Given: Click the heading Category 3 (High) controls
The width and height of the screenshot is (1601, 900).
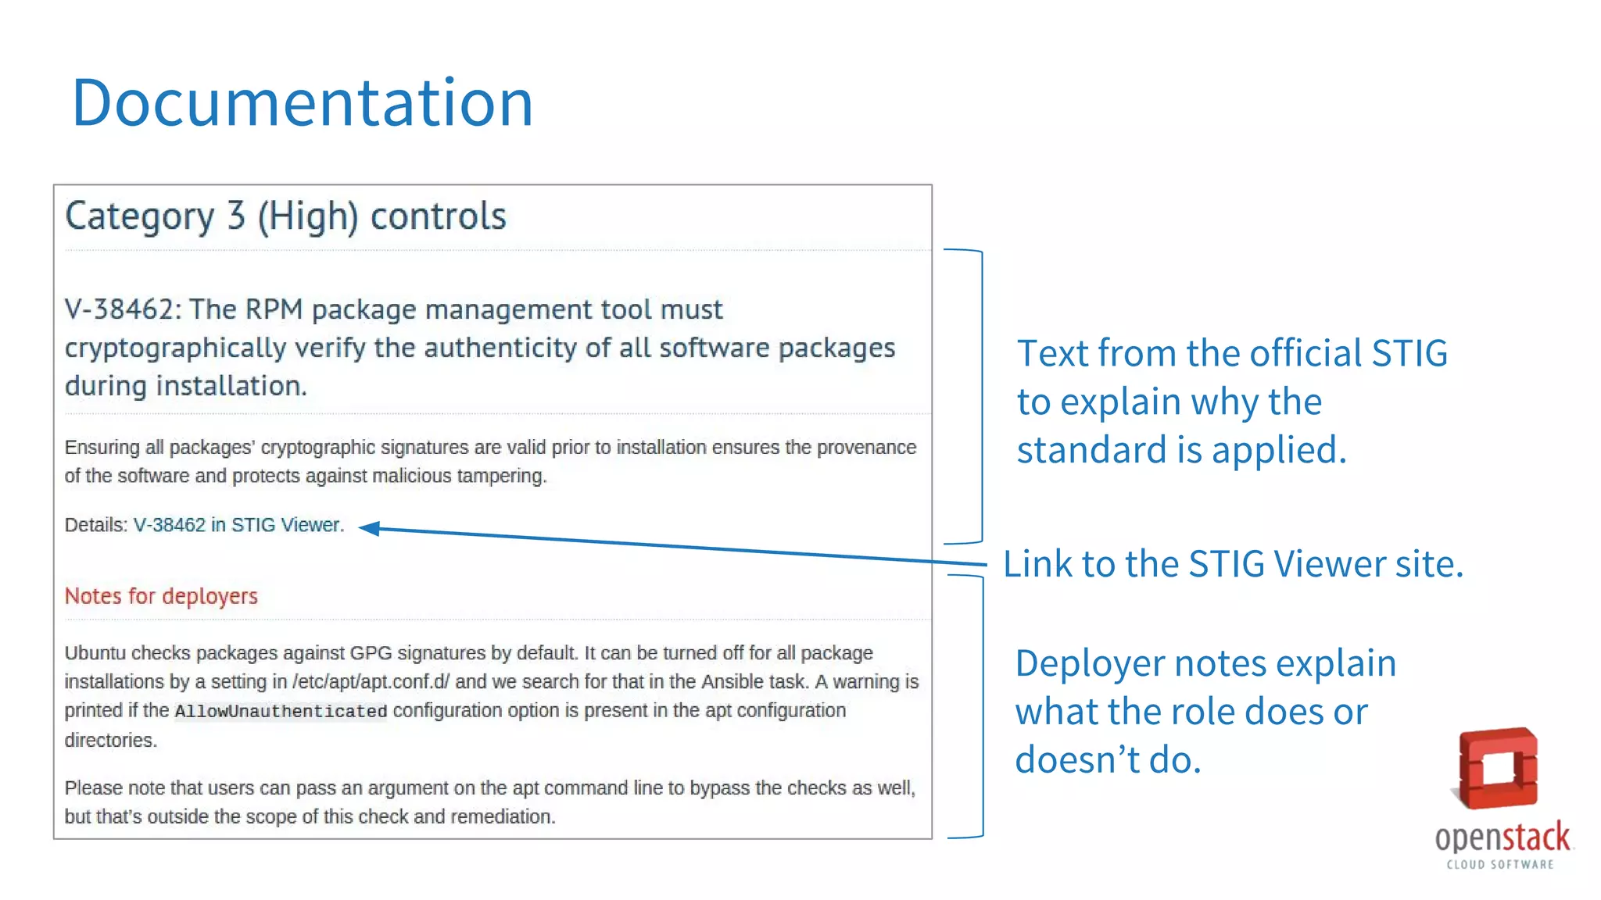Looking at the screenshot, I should click(x=285, y=216).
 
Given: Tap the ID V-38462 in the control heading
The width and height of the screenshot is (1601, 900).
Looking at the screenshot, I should click(x=122, y=309).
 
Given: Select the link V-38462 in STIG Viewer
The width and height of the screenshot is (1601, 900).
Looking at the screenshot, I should click(x=238, y=525).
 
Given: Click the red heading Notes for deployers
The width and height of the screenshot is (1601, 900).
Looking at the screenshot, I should click(x=160, y=596).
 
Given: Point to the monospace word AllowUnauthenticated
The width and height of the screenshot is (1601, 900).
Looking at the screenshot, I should click(x=281, y=711).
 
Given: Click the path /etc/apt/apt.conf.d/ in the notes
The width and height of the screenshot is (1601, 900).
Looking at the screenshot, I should click(x=371, y=682).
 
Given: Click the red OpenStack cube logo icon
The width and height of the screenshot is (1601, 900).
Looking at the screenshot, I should click(x=1497, y=769).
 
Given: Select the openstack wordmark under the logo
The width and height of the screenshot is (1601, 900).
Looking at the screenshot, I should click(x=1502, y=837).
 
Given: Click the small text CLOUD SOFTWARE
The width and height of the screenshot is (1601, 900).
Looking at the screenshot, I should click(x=1499, y=865).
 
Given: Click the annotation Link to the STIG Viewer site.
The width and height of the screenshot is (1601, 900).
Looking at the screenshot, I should click(x=1232, y=563).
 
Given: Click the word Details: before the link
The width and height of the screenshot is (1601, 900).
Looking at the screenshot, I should click(x=95, y=525).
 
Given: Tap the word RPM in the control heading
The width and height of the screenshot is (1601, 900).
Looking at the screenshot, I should click(x=273, y=309).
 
